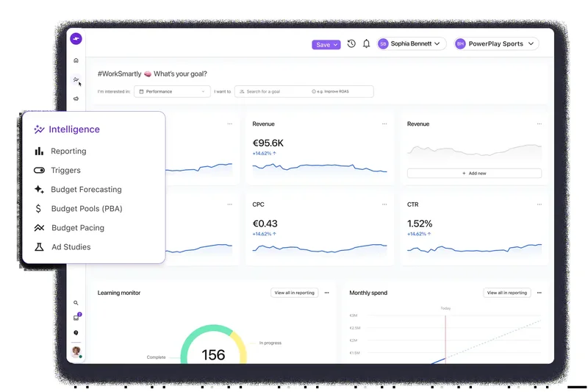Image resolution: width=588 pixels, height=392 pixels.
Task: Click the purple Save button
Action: point(326,45)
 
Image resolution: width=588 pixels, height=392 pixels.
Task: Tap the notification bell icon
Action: point(366,44)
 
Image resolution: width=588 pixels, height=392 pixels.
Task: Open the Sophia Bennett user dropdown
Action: point(412,44)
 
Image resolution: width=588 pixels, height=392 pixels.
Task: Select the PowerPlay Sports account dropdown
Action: point(496,44)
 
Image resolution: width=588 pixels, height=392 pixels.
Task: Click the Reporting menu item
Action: point(68,152)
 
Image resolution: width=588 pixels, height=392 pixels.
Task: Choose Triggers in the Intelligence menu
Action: point(65,171)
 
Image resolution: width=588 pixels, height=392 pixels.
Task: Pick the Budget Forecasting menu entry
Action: point(86,190)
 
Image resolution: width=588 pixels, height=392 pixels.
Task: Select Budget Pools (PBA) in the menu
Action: point(87,209)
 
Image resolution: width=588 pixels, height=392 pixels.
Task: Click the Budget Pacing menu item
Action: point(77,228)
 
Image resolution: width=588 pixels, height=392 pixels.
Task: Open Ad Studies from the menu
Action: point(71,247)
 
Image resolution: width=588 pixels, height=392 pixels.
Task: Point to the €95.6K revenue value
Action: point(268,143)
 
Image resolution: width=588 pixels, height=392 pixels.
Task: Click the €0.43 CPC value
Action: point(265,224)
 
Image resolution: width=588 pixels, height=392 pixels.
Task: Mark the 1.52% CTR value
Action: point(420,224)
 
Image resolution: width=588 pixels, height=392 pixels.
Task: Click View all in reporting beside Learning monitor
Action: point(294,293)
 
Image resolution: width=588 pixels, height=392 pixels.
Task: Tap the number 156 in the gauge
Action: point(213,355)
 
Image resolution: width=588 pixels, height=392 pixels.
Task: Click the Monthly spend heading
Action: point(368,293)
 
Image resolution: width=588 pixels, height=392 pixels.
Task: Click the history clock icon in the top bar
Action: point(351,44)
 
